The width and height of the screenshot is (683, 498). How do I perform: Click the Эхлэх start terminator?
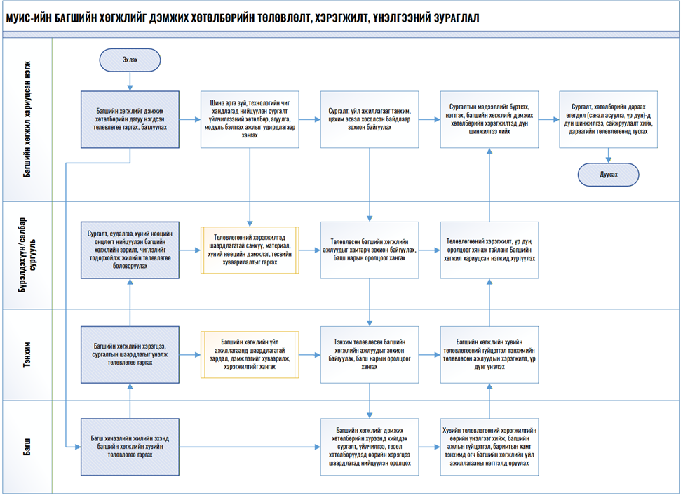(130, 60)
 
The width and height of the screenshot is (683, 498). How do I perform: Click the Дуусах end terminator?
(609, 174)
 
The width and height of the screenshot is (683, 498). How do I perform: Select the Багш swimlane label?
(27, 446)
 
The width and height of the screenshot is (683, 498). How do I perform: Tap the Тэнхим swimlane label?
(27, 355)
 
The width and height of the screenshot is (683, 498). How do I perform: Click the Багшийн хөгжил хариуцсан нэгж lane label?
(27, 119)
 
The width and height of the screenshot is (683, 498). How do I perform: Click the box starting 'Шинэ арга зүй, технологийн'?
(250, 120)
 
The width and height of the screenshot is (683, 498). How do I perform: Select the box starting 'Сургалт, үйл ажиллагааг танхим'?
(370, 120)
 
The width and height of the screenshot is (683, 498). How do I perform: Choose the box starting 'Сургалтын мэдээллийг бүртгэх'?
(489, 120)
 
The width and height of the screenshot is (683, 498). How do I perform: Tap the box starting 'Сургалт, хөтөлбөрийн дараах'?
(609, 120)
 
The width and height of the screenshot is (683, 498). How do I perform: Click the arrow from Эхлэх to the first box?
(130, 82)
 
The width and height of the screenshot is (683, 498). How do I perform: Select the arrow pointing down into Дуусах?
(609, 156)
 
